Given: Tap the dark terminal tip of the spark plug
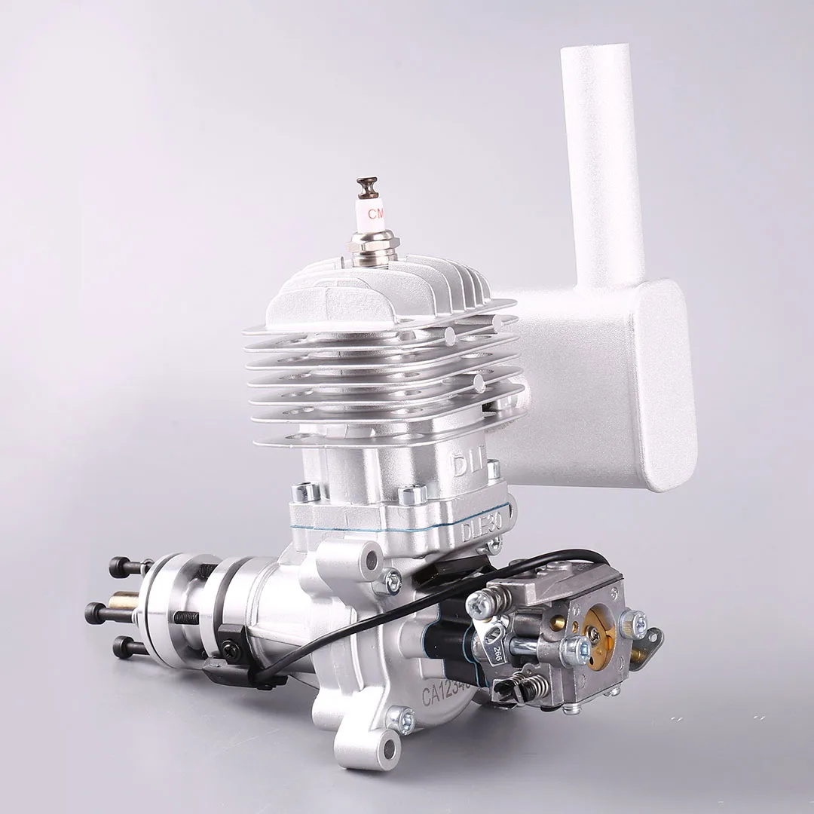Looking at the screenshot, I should [x=368, y=185].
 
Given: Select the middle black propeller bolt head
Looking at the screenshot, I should [x=96, y=611].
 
